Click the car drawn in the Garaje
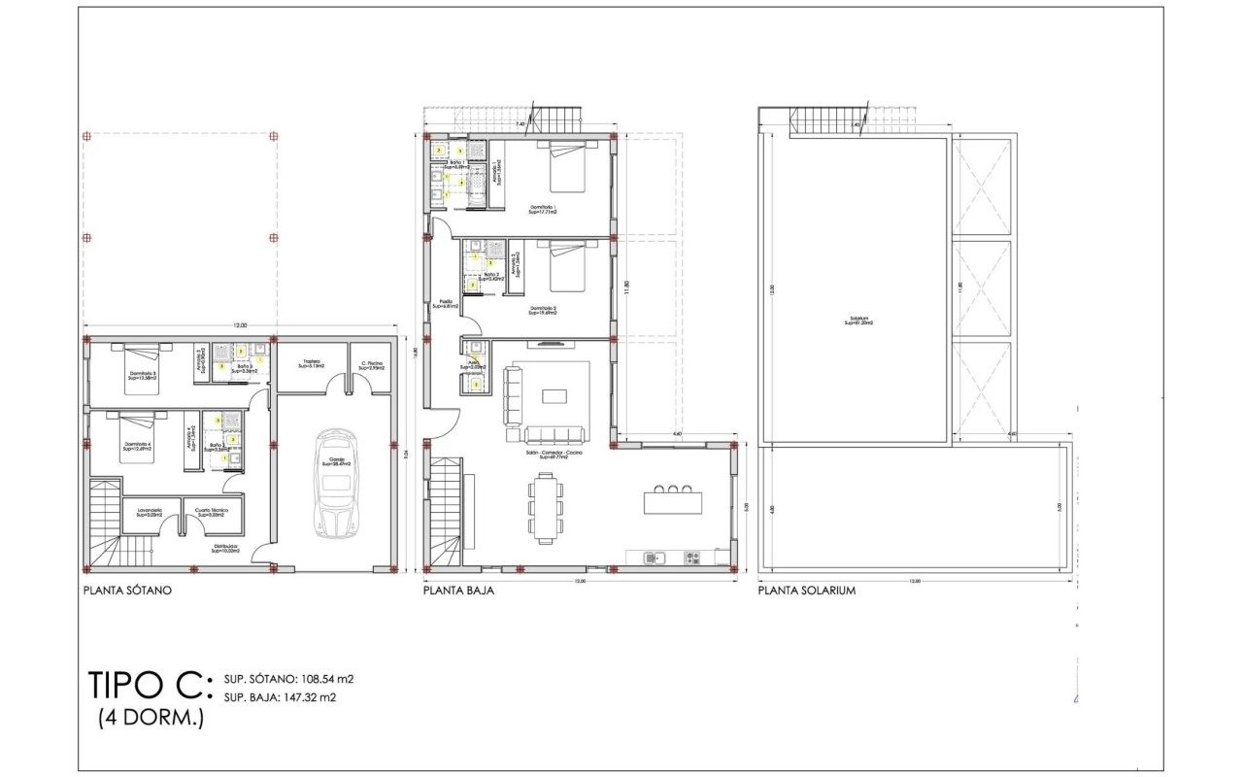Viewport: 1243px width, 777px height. pyautogui.click(x=336, y=484)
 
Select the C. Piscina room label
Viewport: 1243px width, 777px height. pyautogui.click(x=370, y=365)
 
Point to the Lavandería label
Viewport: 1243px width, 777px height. pyautogui.click(x=149, y=512)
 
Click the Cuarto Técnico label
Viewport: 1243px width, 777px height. pyautogui.click(x=211, y=512)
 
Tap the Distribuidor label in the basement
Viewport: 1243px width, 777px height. pyautogui.click(x=226, y=548)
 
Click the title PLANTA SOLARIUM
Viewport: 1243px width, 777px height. pyautogui.click(x=806, y=590)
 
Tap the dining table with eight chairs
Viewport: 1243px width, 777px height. pyautogui.click(x=546, y=506)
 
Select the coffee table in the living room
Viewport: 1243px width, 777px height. pyautogui.click(x=554, y=395)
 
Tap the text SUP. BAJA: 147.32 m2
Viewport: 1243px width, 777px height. pyautogui.click(x=280, y=696)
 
